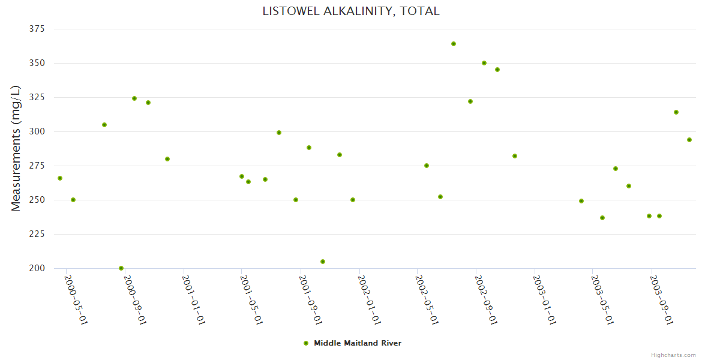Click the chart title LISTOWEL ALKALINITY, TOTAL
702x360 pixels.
(350, 11)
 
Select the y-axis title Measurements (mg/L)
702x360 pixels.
(16, 148)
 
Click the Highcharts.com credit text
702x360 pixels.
(673, 355)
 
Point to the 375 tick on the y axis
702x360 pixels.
(37, 29)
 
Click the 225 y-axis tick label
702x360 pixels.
(37, 234)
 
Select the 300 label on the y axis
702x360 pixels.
(37, 131)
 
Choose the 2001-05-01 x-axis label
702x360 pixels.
(251, 300)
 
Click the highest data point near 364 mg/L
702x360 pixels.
(454, 44)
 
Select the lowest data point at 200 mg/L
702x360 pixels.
(121, 268)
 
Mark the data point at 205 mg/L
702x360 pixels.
(323, 262)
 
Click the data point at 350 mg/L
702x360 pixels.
(484, 63)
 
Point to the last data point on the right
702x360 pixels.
(689, 140)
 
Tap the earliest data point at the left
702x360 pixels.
(60, 178)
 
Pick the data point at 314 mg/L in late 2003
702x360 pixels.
(676, 112)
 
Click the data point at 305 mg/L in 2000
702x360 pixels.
(104, 125)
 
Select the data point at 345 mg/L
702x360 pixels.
(497, 70)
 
